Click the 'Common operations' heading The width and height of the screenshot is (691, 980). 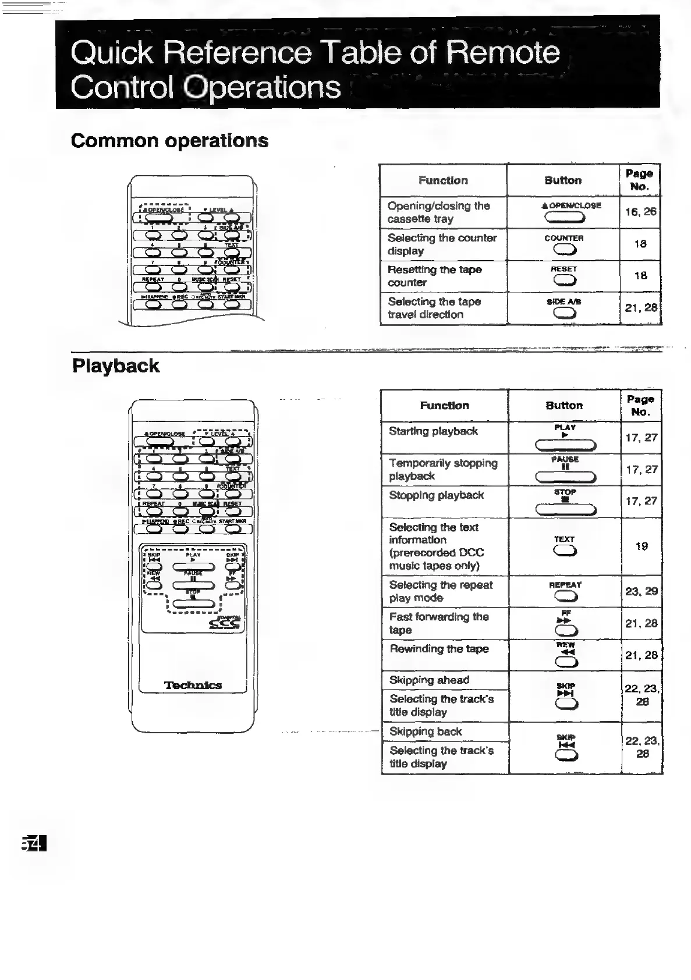169,141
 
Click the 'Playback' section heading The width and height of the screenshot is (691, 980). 115,366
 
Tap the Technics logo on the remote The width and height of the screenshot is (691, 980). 193,685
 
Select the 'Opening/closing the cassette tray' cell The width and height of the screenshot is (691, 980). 443,212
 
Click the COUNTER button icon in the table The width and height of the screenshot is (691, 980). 564,250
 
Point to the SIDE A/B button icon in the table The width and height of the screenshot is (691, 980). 564,313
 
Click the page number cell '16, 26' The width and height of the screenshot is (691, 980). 640,212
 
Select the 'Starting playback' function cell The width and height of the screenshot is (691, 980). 444,437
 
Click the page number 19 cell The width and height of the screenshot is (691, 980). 642,546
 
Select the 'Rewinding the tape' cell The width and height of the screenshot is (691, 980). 444,655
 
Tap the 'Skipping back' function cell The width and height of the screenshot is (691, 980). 444,732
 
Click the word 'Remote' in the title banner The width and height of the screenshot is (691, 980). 503,52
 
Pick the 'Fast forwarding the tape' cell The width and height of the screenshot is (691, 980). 444,623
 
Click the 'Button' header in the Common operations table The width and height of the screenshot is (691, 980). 563,180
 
